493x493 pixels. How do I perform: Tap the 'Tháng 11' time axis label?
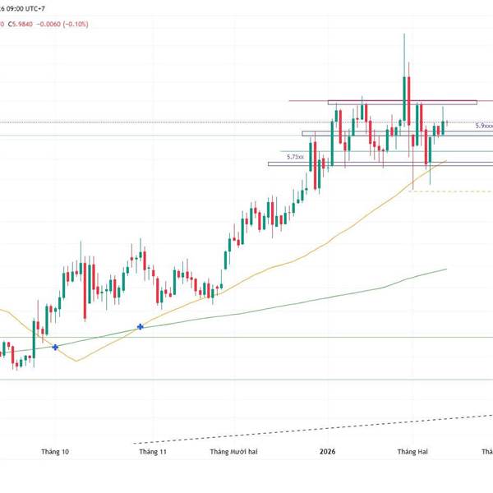coord(153,451)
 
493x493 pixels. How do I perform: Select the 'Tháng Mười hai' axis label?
coord(234,451)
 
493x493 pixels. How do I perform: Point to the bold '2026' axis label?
coord(326,451)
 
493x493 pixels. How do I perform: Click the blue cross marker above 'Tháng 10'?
coord(55,348)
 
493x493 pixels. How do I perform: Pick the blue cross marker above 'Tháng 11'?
coord(141,327)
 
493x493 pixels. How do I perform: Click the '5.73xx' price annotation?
coord(295,156)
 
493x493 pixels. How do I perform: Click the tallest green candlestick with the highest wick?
coord(404,99)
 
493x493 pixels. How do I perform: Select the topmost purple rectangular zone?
coord(402,102)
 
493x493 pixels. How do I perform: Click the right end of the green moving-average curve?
coord(445,269)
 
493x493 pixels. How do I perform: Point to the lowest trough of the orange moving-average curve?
coord(76,361)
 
